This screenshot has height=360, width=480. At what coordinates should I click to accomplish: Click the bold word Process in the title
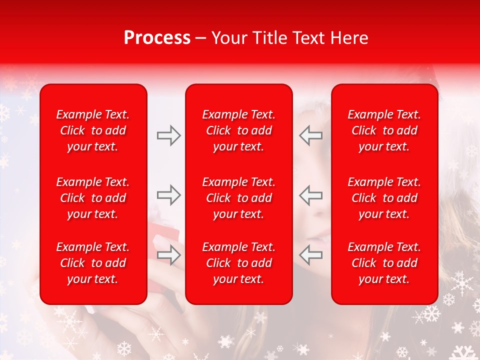[x=157, y=38]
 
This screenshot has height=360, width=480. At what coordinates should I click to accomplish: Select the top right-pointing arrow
[x=169, y=135]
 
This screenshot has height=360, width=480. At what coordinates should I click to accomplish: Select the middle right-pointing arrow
[x=169, y=195]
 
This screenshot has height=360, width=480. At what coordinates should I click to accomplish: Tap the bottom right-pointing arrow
[x=169, y=255]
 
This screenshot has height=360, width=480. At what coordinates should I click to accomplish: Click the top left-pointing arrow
[x=311, y=135]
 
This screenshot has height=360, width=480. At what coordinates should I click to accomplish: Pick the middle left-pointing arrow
[x=311, y=195]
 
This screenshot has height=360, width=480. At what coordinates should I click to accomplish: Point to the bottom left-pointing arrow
[x=311, y=255]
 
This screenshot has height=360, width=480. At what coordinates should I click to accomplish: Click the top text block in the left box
[x=93, y=130]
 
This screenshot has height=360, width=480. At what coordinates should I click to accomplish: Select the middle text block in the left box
[x=93, y=198]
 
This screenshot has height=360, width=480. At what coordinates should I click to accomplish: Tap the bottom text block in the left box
[x=93, y=263]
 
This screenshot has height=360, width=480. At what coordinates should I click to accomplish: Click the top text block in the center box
[x=239, y=130]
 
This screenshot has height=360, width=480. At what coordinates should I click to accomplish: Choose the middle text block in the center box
[x=239, y=198]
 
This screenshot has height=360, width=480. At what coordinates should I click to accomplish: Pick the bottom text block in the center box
[x=239, y=263]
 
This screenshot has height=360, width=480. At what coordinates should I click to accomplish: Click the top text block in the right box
[x=384, y=130]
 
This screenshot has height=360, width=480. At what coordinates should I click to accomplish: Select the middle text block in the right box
[x=384, y=198]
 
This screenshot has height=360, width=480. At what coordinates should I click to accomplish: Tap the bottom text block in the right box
[x=384, y=263]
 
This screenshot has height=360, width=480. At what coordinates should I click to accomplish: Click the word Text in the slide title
[x=309, y=38]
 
